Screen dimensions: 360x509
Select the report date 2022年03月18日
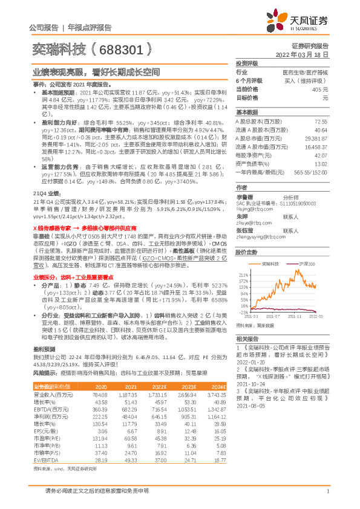coord(302,54)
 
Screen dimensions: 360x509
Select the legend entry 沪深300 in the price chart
coord(306,264)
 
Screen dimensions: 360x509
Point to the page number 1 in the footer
coord(327,493)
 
